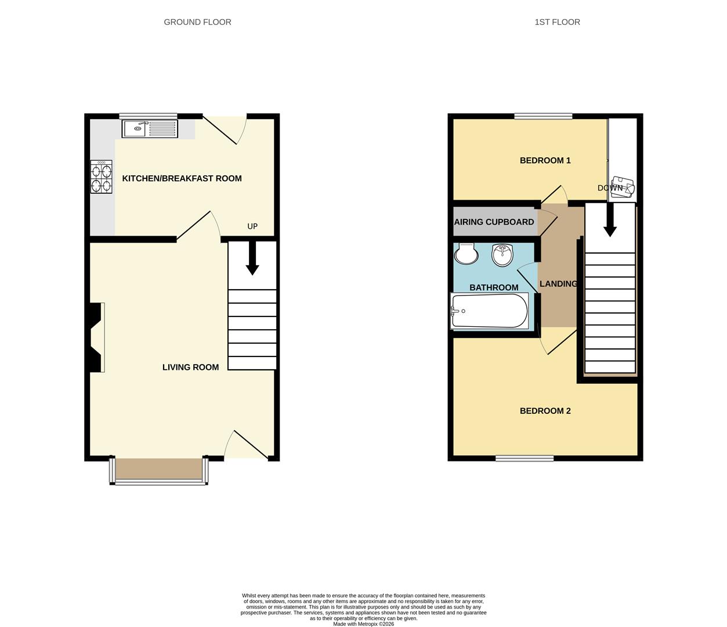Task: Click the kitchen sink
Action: [149, 128]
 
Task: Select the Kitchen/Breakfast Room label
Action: [182, 178]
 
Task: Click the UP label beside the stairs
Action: [252, 226]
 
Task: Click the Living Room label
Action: [190, 367]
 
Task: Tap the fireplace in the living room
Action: [96, 337]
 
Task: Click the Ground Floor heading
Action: [197, 22]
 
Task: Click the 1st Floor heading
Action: [557, 22]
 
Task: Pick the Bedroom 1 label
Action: [545, 160]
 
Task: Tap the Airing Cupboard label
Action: [494, 222]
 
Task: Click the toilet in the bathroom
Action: [466, 253]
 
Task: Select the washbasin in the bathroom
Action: [502, 254]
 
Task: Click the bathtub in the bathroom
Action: [490, 311]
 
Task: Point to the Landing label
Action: [558, 284]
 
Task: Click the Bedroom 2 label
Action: [545, 411]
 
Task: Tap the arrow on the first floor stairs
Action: [610, 222]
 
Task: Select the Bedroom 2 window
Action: [525, 459]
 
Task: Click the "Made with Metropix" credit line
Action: [363, 624]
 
